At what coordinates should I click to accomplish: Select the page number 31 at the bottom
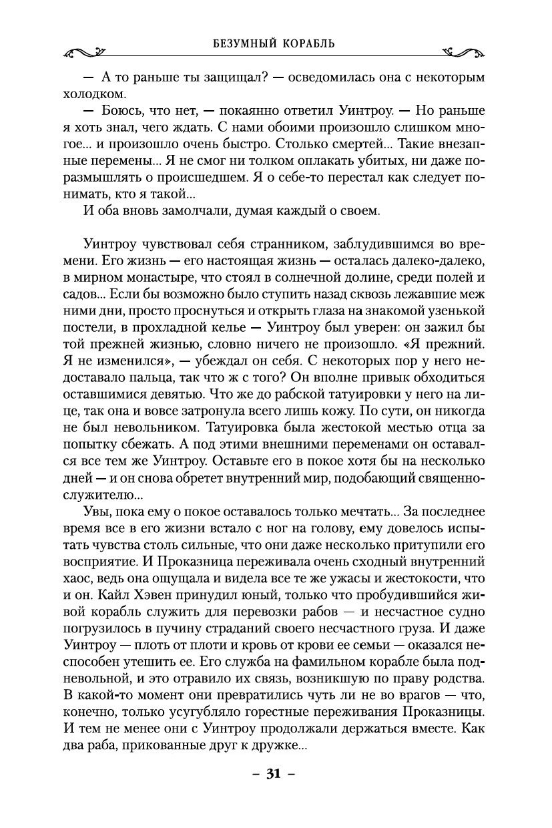(x=272, y=774)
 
